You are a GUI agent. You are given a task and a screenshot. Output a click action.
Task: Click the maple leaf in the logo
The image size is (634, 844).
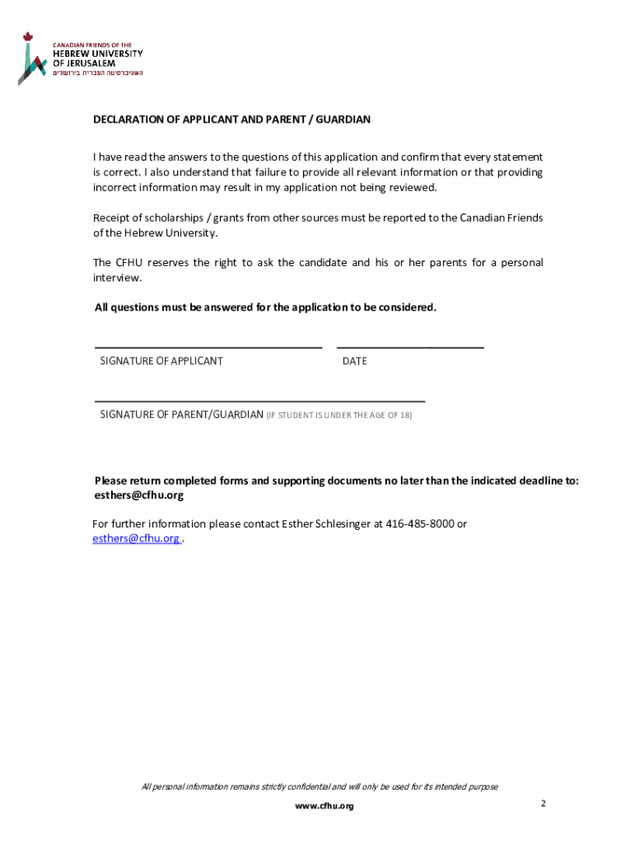(27, 37)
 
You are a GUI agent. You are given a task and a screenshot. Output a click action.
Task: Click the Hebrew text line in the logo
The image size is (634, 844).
(98, 73)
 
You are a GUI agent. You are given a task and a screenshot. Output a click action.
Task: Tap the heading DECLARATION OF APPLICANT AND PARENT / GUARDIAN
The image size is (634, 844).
(231, 120)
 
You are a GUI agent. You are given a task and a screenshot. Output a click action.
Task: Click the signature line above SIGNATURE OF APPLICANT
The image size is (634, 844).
(208, 348)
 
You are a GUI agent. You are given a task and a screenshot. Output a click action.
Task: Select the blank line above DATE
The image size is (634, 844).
(410, 348)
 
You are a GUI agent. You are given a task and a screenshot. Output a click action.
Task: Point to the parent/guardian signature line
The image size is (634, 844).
(260, 400)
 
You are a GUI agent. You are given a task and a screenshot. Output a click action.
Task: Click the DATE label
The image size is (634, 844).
(355, 361)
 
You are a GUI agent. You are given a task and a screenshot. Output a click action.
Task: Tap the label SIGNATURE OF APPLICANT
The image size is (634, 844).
(161, 361)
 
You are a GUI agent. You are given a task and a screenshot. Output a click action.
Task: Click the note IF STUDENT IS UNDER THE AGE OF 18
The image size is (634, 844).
(338, 415)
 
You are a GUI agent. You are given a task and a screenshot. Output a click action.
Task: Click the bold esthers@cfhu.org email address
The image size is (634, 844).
(139, 495)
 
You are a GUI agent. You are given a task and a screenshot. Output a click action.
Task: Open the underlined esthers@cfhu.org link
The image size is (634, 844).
(136, 538)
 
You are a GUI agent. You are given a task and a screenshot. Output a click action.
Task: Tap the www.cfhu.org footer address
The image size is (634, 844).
(324, 805)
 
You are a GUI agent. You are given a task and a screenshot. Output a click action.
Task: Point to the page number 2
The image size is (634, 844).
(543, 802)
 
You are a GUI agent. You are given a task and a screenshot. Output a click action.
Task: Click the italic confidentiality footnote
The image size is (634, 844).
(319, 787)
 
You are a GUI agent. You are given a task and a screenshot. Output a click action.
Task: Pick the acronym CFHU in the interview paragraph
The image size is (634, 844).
(132, 263)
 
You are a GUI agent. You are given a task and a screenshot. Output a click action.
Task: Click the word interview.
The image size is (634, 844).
(116, 278)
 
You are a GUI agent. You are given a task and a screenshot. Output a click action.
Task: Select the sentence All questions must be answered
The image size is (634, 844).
(265, 307)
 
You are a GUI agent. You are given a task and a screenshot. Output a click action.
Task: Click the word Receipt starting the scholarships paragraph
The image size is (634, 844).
(112, 218)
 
